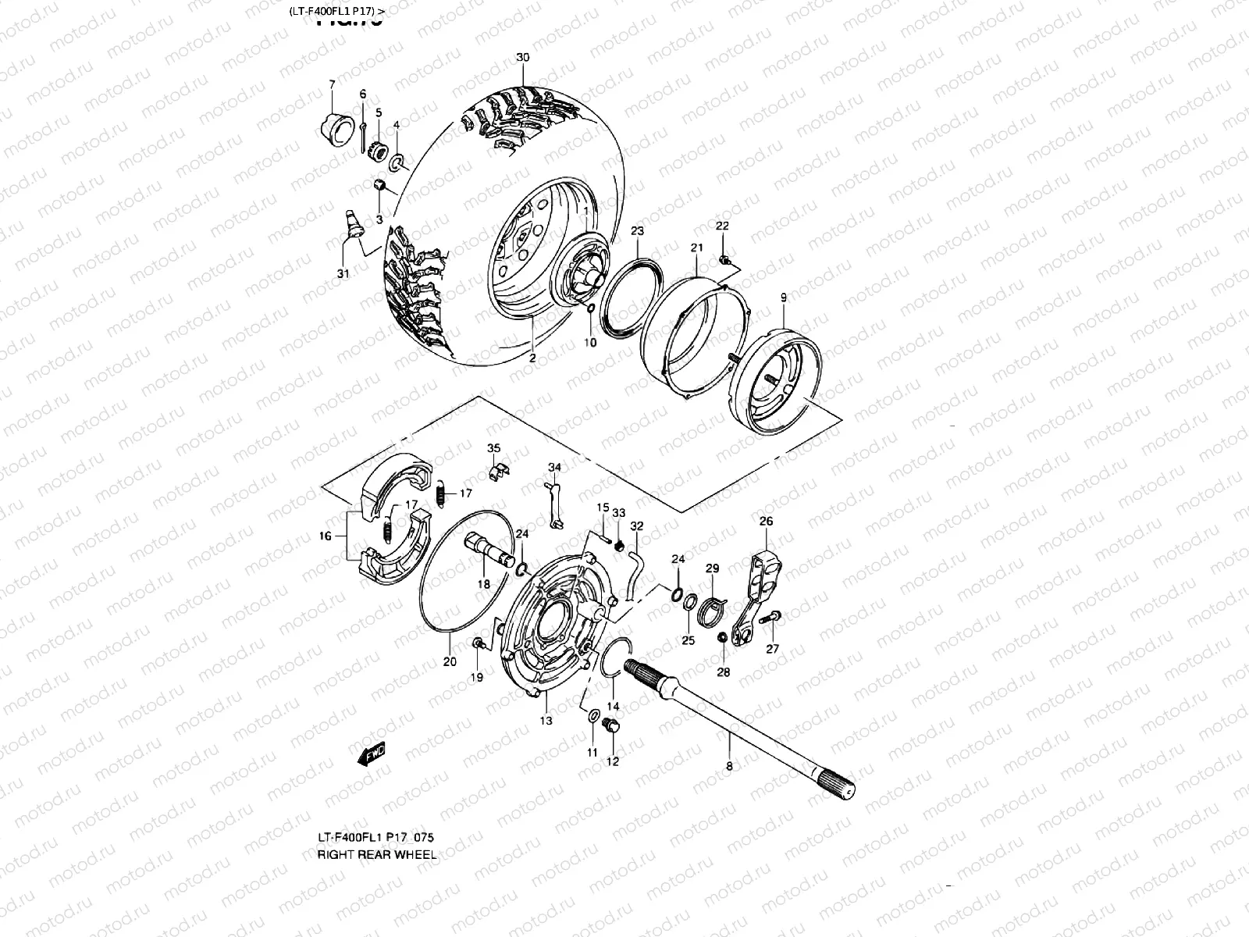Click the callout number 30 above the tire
(x=523, y=58)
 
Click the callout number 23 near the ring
(x=637, y=231)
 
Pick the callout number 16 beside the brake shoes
(x=326, y=536)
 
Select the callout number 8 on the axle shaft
(x=729, y=766)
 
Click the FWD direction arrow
(x=371, y=754)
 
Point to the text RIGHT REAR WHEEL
(x=376, y=854)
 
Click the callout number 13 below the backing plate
(x=546, y=720)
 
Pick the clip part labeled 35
(x=496, y=472)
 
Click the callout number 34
(x=553, y=468)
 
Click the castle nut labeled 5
(x=379, y=148)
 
